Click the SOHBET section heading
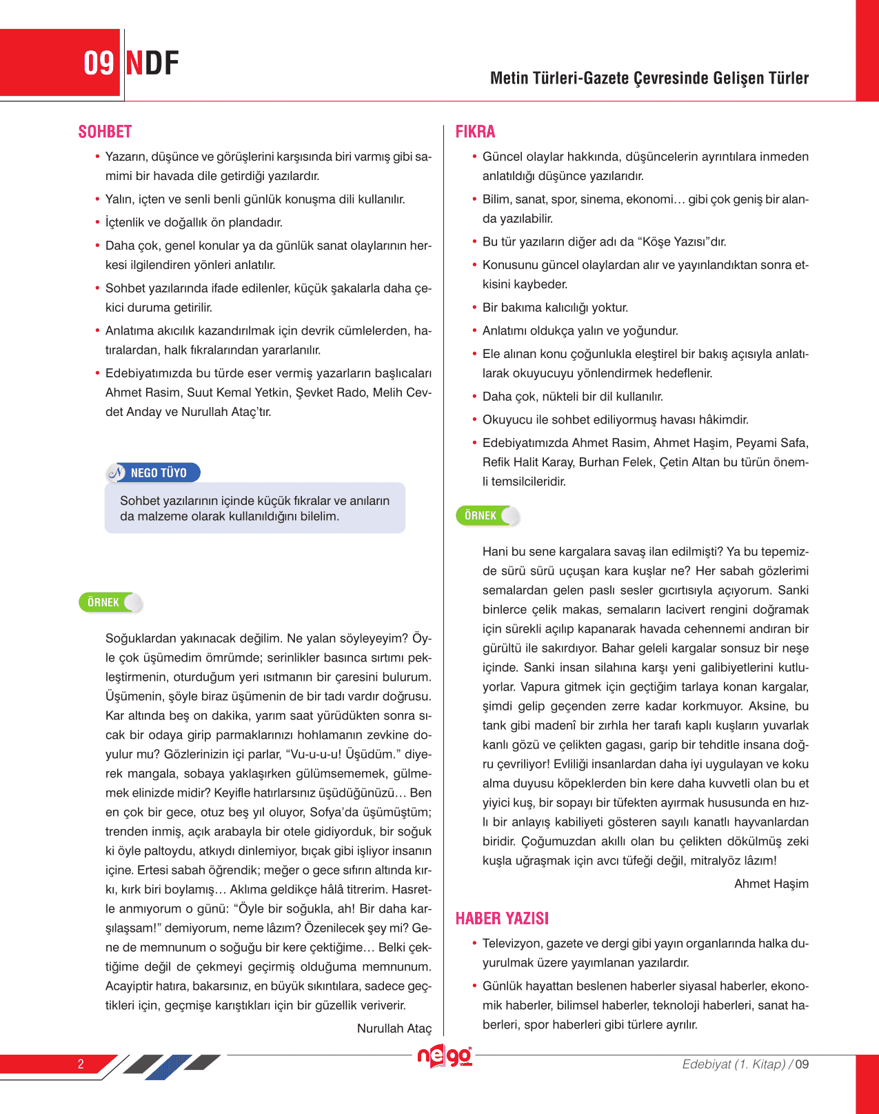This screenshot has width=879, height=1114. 105,132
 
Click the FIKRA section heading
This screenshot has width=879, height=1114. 475,132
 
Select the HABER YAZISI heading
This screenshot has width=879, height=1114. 502,918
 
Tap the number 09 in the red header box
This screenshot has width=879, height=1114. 99,63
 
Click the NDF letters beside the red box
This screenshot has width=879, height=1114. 152,63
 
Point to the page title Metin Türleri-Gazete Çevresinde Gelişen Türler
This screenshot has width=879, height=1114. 649,78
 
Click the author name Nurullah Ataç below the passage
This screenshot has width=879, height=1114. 394,1028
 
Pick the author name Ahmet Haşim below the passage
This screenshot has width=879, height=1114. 771,884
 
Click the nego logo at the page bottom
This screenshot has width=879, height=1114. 445,1056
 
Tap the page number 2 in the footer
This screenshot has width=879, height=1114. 81,1064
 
